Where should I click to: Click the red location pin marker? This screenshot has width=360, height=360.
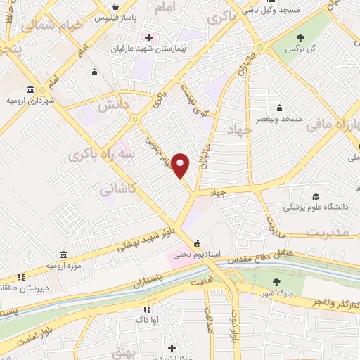click(181, 165)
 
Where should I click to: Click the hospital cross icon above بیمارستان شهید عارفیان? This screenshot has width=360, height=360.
click(148, 37)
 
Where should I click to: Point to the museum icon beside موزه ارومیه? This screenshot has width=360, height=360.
click(65, 255)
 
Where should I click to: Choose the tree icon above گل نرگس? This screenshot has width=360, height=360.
click(300, 37)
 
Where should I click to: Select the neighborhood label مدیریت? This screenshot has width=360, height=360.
click(330, 233)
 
